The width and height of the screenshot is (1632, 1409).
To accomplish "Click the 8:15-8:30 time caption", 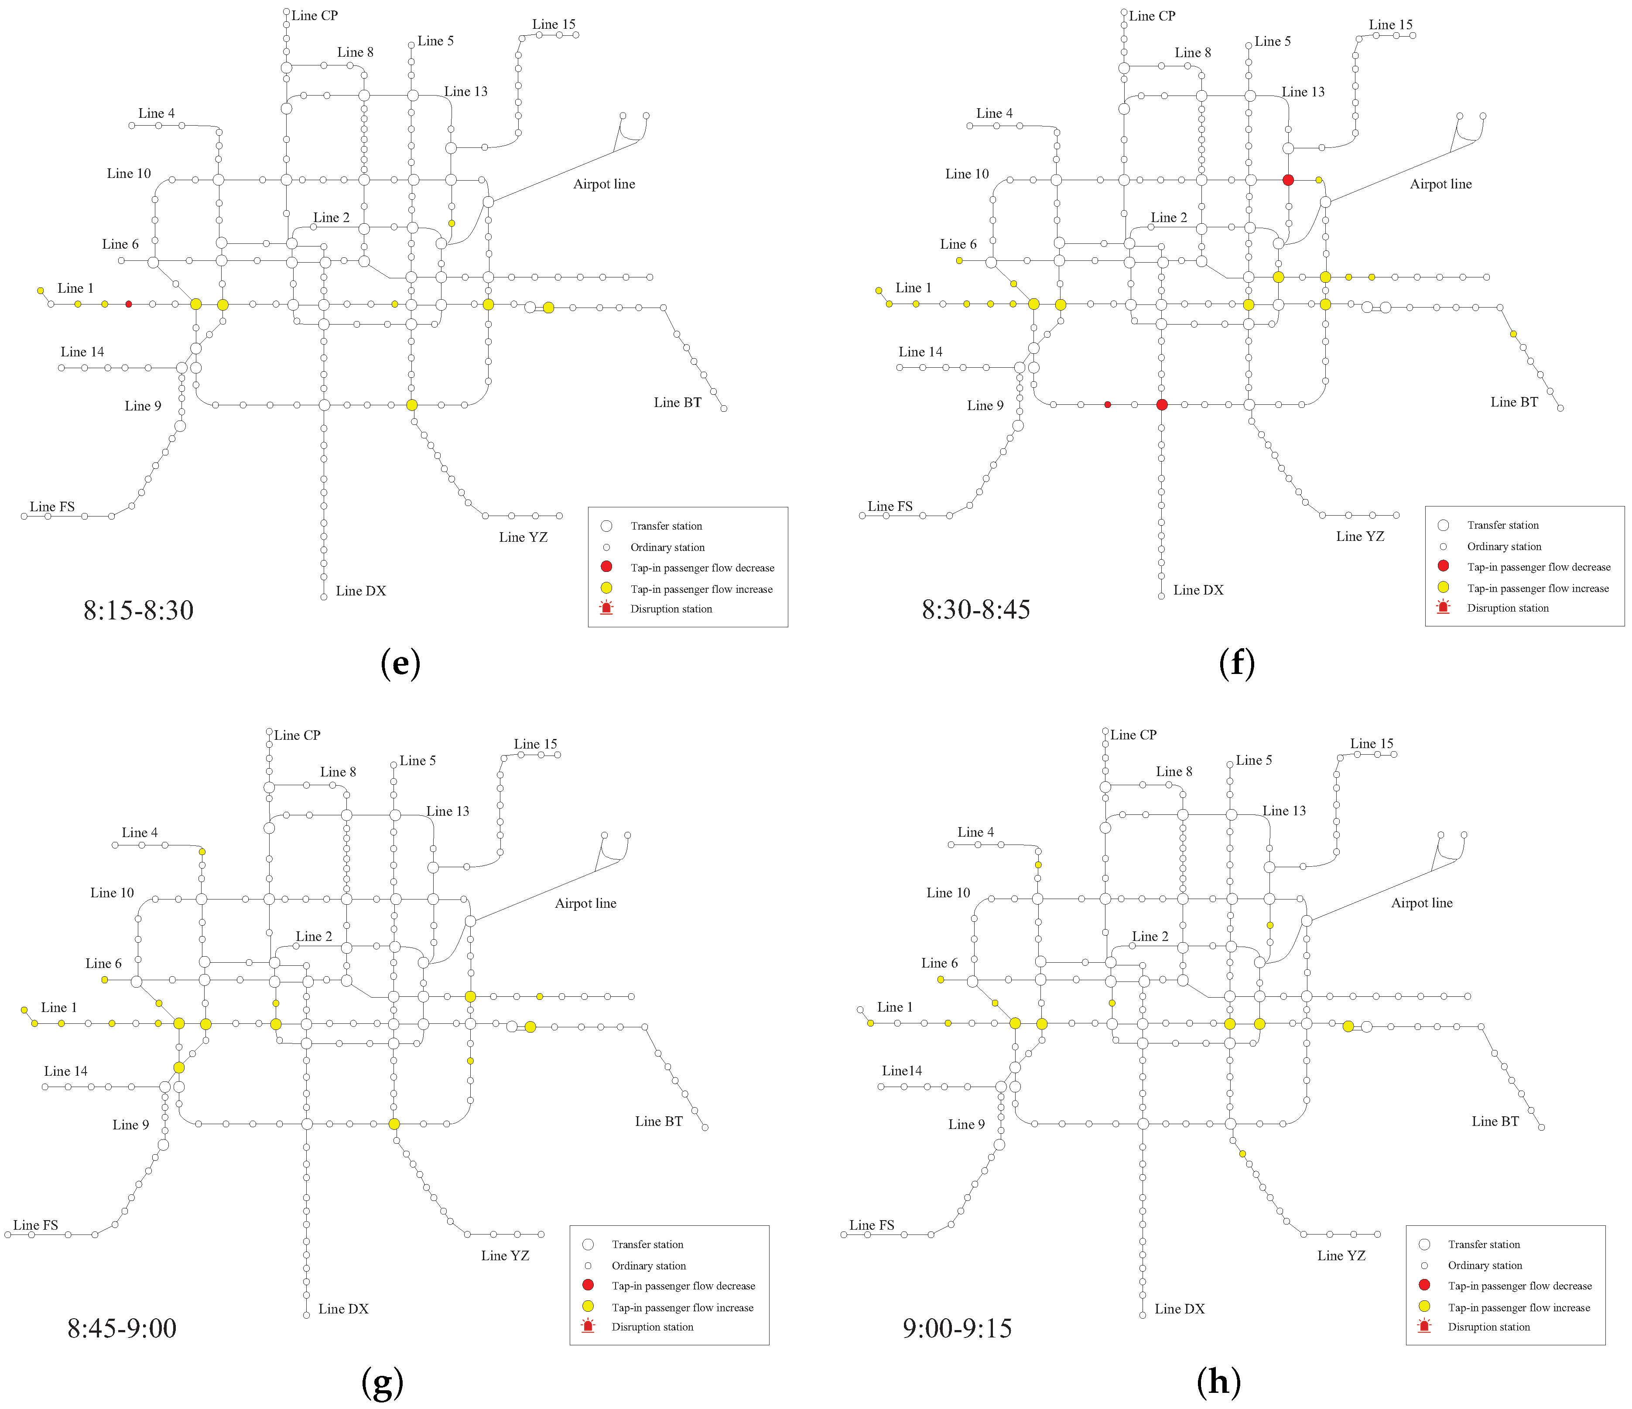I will [139, 609].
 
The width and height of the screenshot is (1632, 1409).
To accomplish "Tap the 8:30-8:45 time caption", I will [976, 609].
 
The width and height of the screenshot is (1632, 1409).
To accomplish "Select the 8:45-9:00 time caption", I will [122, 1328].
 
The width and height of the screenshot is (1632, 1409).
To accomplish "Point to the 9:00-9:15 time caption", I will [957, 1328].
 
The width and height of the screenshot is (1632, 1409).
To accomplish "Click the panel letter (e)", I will [400, 663].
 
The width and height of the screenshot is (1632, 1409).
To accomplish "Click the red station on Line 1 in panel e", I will [128, 304].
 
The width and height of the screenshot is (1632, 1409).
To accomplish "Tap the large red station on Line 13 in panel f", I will [1288, 180].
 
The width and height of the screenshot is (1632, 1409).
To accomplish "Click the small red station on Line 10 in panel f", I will [1108, 405].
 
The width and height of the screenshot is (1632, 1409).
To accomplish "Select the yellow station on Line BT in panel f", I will [1513, 334].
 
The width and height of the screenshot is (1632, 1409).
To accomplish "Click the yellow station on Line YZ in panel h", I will [1242, 1154].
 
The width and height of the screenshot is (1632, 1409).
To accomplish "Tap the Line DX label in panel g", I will [343, 1309].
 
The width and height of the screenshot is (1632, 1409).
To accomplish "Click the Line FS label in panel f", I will [890, 506].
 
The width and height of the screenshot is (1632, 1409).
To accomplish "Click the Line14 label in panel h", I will [902, 1070].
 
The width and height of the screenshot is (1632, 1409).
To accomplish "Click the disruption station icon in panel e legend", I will [606, 608].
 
